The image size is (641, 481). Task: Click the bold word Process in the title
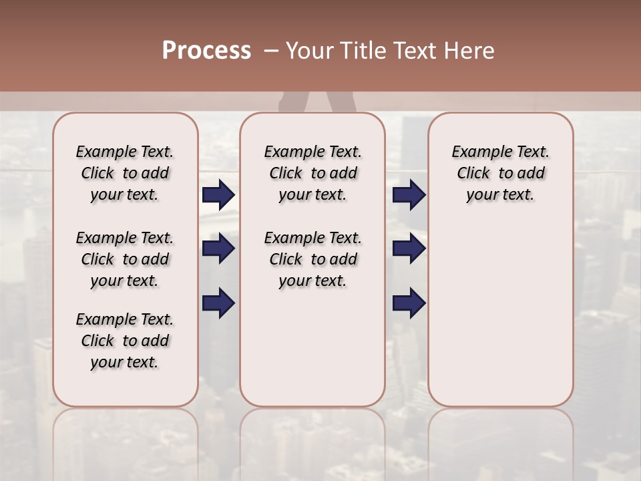[206, 51]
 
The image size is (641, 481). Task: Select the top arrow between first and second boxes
[218, 195]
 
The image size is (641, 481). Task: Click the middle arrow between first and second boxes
[218, 249]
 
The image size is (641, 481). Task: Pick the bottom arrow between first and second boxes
[218, 303]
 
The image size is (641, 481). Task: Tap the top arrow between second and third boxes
[409, 195]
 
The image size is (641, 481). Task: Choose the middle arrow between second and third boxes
[409, 249]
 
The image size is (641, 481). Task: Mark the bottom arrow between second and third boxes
[409, 303]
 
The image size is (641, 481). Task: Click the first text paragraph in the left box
[125, 173]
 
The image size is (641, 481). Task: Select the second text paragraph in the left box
[125, 259]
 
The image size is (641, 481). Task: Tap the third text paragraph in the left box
[125, 341]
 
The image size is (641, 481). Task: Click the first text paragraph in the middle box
[312, 173]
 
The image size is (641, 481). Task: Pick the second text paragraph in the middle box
[312, 259]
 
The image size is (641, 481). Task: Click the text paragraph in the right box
[500, 173]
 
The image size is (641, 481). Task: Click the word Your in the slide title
[308, 51]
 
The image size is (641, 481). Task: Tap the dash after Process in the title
[270, 51]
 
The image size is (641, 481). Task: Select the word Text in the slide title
[414, 51]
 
